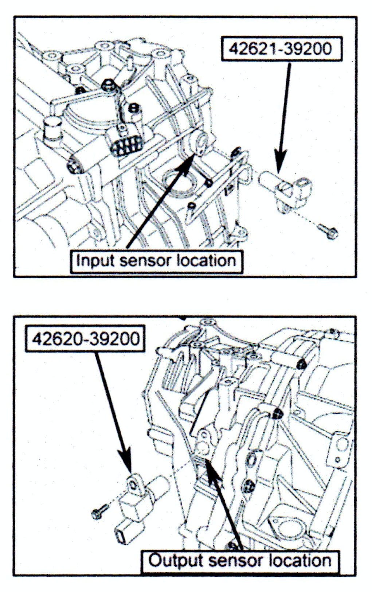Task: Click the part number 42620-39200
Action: tap(86, 339)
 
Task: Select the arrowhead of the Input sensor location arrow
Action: tap(190, 158)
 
